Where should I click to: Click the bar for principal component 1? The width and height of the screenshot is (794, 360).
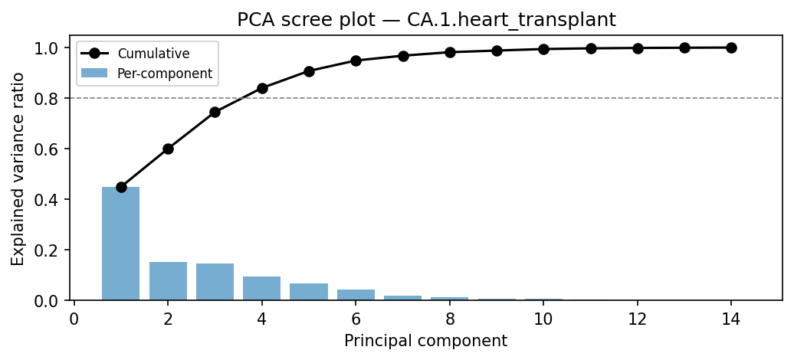[121, 244]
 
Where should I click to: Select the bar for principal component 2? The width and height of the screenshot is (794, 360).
[168, 281]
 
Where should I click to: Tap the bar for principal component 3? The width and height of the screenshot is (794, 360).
[215, 282]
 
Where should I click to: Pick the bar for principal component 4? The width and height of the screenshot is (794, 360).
[262, 289]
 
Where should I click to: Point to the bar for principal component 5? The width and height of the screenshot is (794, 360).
[309, 292]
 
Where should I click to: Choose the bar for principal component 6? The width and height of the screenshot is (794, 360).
[356, 295]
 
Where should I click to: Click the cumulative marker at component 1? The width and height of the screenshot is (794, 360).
[121, 187]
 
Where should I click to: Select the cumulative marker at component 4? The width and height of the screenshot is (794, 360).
[262, 88]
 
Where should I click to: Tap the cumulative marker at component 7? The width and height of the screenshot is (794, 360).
[403, 56]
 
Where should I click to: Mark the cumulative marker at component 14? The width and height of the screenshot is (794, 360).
[731, 47]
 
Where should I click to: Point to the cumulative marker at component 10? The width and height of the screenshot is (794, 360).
[543, 49]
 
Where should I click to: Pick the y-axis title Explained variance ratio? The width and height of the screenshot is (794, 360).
[18, 169]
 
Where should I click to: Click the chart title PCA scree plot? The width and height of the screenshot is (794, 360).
[425, 20]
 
